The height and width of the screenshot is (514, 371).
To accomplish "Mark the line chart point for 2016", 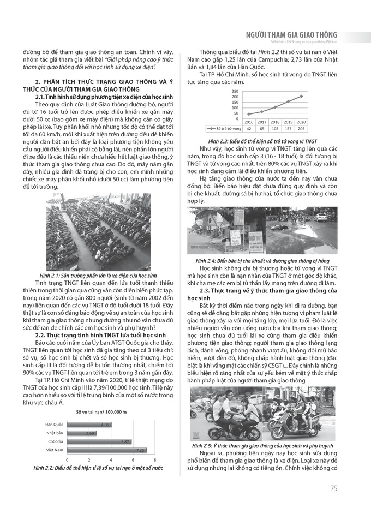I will [248, 114].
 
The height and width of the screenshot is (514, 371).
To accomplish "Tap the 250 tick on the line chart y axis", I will [235, 91].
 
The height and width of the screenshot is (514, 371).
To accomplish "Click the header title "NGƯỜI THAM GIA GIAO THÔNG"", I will [292, 34].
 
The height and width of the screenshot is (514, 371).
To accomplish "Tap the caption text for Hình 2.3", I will [259, 140].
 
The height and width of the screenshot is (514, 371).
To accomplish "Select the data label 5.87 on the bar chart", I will [125, 441].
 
